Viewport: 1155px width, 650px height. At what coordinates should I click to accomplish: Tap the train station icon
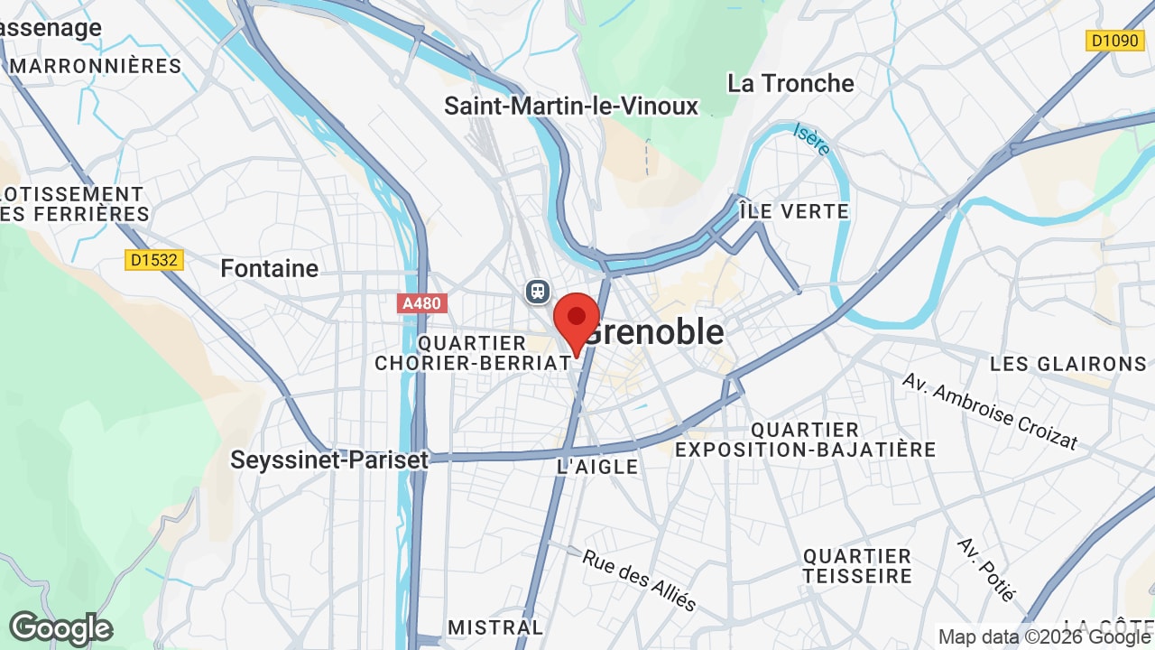coord(538,291)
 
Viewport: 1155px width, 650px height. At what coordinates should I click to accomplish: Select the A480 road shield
coord(421,303)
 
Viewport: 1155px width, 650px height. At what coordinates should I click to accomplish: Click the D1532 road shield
coord(154,260)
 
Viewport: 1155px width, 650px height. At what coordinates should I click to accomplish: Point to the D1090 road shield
coord(1115,41)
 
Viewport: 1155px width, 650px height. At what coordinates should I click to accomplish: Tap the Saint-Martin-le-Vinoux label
coord(571,106)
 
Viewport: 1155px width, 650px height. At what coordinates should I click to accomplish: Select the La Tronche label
coord(790,83)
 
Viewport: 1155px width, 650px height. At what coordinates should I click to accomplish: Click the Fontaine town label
coord(270,268)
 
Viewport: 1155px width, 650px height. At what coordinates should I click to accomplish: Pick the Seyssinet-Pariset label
coord(329,460)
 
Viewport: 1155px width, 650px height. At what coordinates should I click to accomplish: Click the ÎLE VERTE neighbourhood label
coord(794,211)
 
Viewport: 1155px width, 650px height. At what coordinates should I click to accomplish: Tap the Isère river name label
coord(812,140)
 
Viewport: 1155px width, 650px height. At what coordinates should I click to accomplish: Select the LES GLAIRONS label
coord(1068,364)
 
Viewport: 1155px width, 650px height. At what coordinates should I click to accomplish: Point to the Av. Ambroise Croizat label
coord(990,411)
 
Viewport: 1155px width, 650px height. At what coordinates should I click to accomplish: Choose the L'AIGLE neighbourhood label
coord(597,467)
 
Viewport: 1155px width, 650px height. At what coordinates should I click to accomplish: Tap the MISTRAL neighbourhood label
coord(495,627)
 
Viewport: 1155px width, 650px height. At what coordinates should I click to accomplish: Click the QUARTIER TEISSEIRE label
coord(857,566)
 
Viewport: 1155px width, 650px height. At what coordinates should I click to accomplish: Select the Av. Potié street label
coord(987,570)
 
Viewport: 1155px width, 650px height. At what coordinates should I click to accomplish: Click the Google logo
coord(60,628)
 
